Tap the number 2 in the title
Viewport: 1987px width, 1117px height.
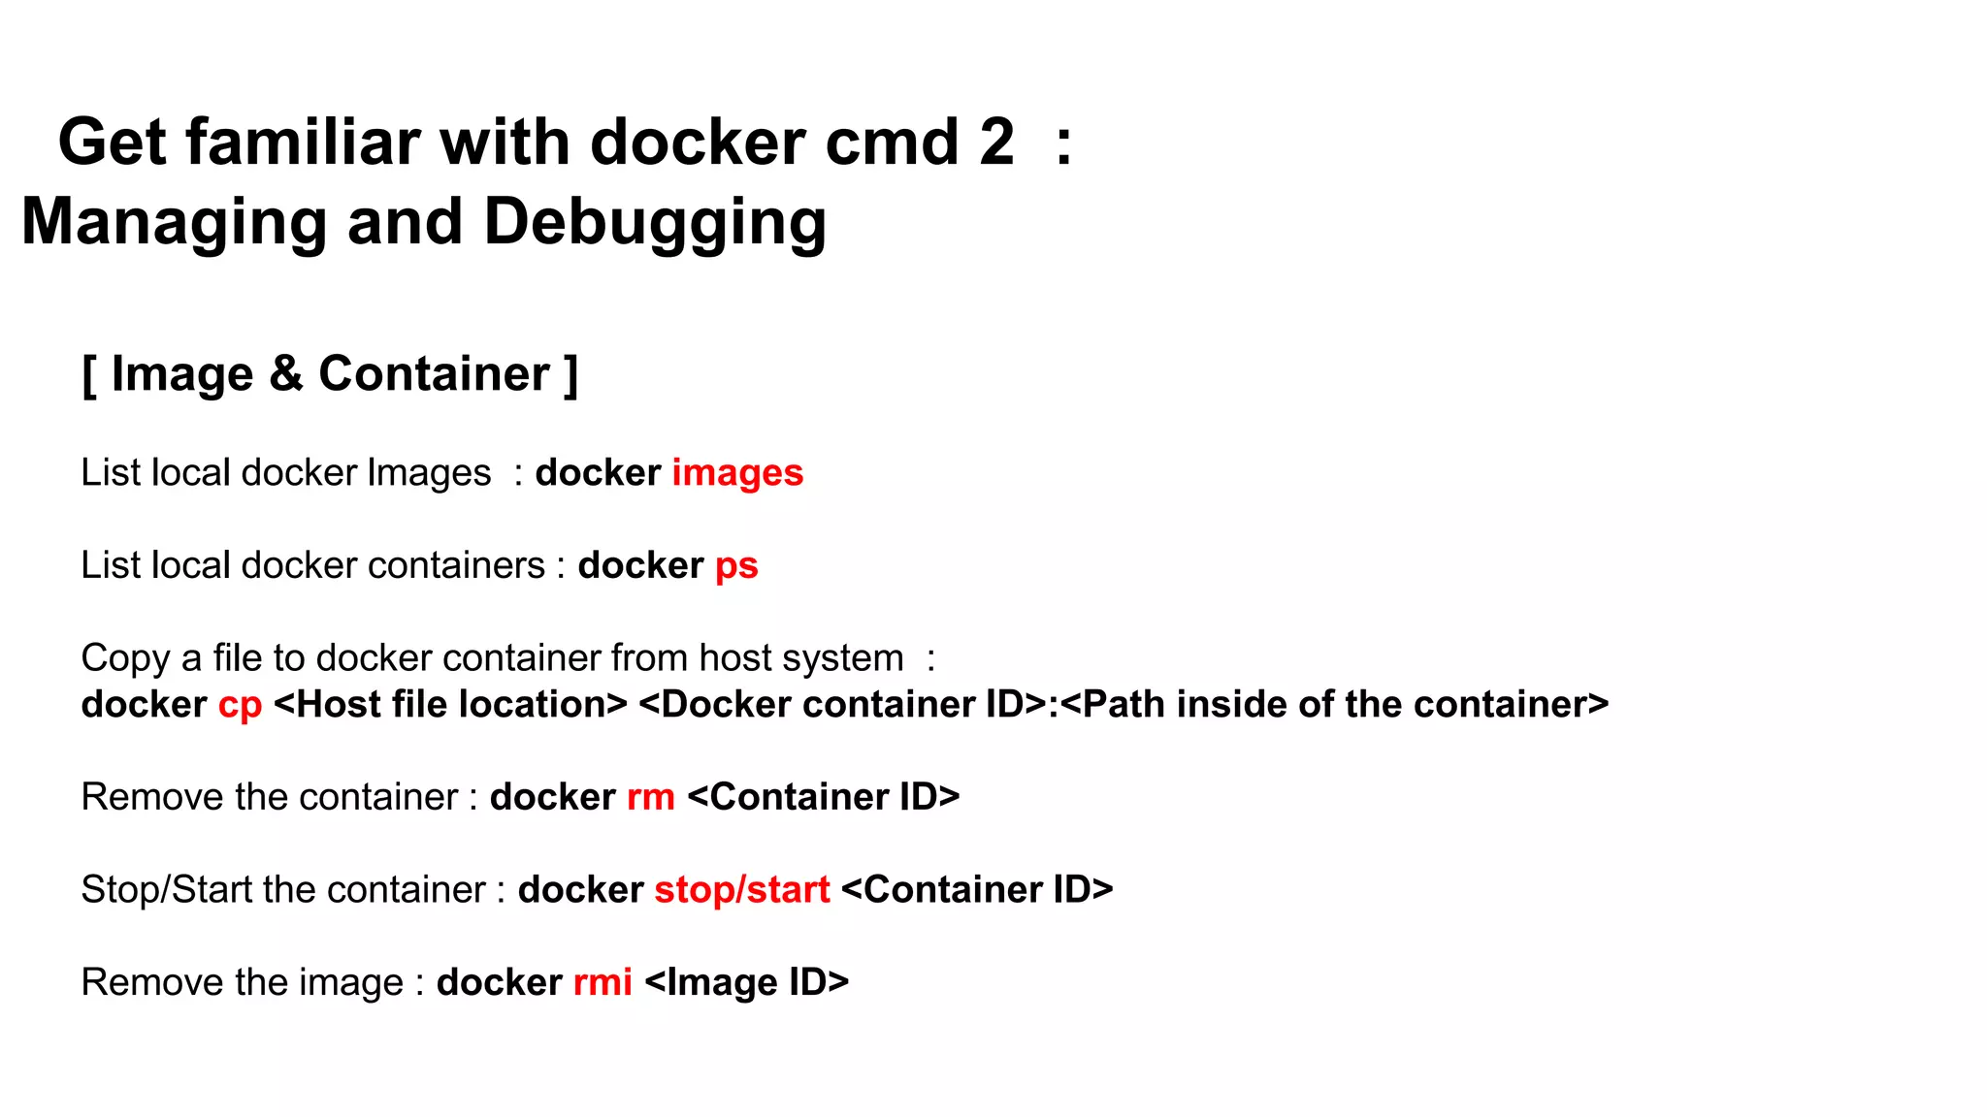click(996, 143)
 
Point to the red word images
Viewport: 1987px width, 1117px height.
click(737, 473)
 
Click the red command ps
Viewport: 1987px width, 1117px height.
click(736, 566)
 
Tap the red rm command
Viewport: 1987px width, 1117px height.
click(650, 797)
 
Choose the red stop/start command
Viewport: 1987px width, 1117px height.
click(742, 890)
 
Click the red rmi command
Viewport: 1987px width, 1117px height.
click(603, 982)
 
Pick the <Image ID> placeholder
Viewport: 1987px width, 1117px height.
click(746, 982)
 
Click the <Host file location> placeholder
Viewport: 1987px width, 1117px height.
click(450, 705)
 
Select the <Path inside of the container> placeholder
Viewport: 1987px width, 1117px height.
click(1335, 705)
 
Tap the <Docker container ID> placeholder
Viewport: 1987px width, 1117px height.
click(842, 705)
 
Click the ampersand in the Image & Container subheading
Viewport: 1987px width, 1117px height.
click(286, 374)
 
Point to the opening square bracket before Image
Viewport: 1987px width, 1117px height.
click(89, 375)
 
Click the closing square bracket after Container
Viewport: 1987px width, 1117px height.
click(571, 375)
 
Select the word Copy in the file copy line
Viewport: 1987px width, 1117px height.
click(125, 658)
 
